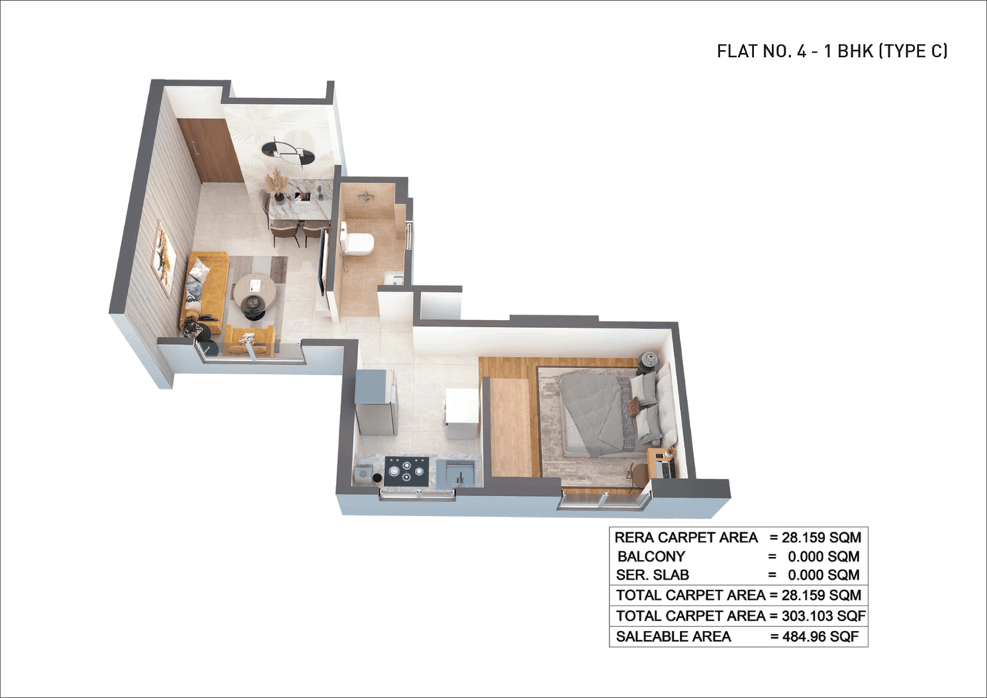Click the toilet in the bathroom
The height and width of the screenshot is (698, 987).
click(x=357, y=241)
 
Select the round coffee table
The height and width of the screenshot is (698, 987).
click(x=254, y=292)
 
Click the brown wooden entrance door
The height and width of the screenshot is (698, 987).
click(x=210, y=150)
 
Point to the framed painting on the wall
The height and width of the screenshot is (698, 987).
click(x=163, y=258)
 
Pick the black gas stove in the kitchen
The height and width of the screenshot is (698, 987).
click(x=406, y=470)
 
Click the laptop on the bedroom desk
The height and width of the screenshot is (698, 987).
click(x=664, y=466)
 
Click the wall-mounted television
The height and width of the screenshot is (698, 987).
click(x=323, y=262)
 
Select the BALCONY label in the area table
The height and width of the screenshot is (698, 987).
click(x=651, y=556)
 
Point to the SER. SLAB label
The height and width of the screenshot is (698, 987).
click(x=653, y=575)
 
